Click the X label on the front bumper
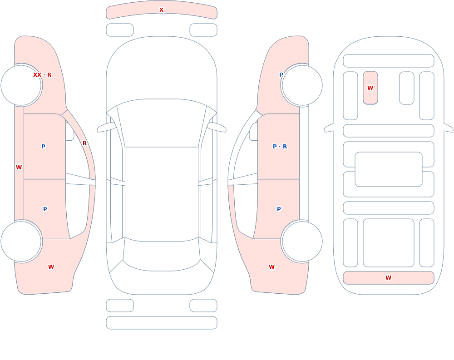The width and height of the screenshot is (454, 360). click(x=161, y=10)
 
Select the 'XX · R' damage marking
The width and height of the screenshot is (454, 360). click(x=42, y=75)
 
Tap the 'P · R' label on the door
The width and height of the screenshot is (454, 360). click(x=280, y=146)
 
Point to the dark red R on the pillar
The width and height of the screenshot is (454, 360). click(x=84, y=143)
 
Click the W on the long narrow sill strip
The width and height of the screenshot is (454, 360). click(x=19, y=168)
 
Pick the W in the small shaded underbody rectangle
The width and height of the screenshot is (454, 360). click(x=370, y=88)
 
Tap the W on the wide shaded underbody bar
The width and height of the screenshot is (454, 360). click(x=388, y=277)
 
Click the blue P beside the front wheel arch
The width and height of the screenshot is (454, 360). click(x=281, y=75)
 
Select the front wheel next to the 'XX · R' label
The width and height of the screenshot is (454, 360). click(x=21, y=85)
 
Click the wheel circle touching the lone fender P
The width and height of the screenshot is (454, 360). click(x=302, y=85)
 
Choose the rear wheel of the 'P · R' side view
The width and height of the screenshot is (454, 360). click(x=302, y=241)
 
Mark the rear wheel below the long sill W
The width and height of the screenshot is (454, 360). click(x=21, y=241)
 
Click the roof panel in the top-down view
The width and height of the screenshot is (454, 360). click(x=162, y=194)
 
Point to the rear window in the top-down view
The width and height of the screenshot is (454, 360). click(x=162, y=255)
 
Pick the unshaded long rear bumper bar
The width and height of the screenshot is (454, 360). click(x=162, y=323)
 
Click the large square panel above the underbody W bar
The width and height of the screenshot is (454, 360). click(x=388, y=243)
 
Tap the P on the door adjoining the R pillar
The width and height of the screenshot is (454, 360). click(x=43, y=146)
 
